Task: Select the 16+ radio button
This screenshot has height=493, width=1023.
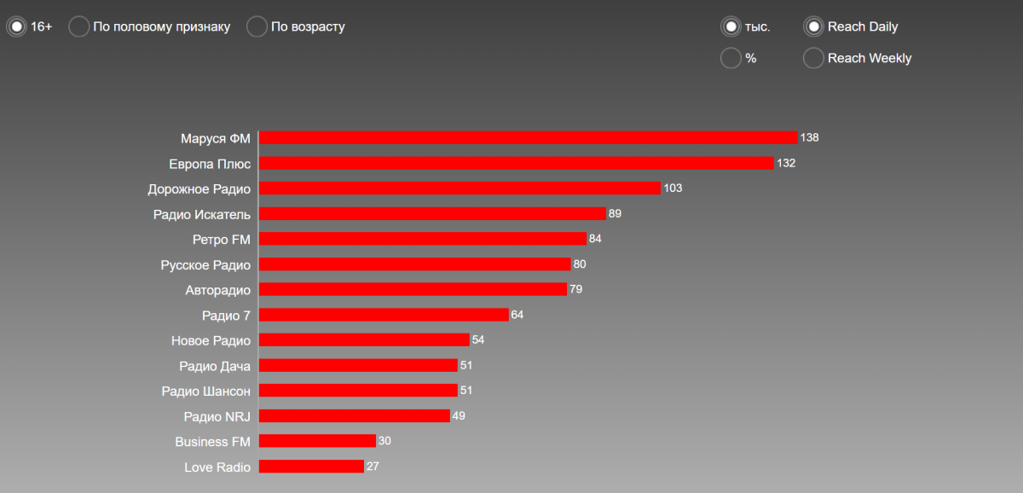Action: tap(16, 26)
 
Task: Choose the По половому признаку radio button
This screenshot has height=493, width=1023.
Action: tap(78, 26)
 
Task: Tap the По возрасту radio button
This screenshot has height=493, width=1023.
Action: tap(257, 26)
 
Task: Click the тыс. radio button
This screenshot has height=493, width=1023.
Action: tap(731, 26)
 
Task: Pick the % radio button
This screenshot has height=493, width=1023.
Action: tap(731, 58)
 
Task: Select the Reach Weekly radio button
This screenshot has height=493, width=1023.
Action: tap(813, 58)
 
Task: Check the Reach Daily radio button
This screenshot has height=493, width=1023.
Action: tap(813, 26)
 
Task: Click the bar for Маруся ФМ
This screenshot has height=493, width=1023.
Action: tap(528, 137)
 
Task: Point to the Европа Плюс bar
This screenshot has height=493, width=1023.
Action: tap(516, 163)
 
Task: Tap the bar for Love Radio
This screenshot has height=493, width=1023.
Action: tap(311, 467)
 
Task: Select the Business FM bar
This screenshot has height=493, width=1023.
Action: tap(317, 441)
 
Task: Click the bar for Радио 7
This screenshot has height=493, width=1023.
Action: tap(384, 315)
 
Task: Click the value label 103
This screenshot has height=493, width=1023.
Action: tap(673, 188)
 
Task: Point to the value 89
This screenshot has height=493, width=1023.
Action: tap(615, 213)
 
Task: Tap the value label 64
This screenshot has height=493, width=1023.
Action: tap(517, 315)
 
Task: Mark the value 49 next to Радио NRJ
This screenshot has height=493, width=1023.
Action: tap(459, 415)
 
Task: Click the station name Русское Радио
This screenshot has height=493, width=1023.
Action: tap(205, 264)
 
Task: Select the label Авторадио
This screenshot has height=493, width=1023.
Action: tap(217, 290)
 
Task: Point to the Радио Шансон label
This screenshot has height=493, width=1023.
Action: tap(205, 391)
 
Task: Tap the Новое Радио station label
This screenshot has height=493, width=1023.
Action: tap(211, 340)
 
